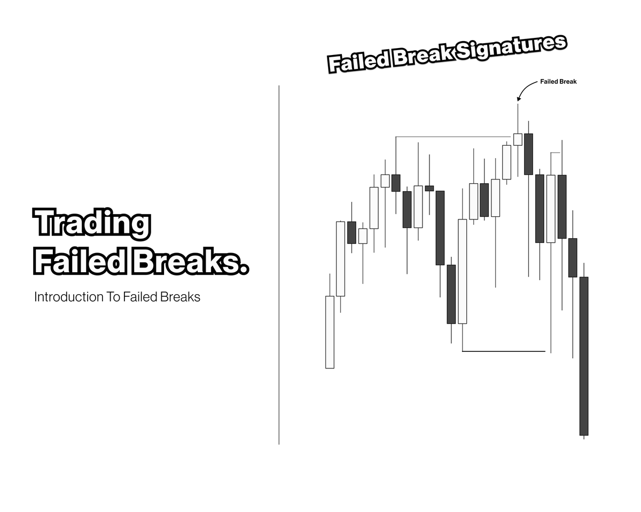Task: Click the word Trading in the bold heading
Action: pyautogui.click(x=91, y=223)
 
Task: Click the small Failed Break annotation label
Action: pyautogui.click(x=558, y=82)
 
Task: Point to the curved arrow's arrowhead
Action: pyautogui.click(x=518, y=99)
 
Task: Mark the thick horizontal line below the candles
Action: pyautogui.click(x=503, y=351)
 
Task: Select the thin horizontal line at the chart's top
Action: pyautogui.click(x=454, y=137)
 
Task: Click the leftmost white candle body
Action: pyautogui.click(x=330, y=332)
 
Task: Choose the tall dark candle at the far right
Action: pyautogui.click(x=584, y=356)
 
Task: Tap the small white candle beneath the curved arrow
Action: pyautogui.click(x=518, y=139)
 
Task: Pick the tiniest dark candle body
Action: pyautogui.click(x=429, y=188)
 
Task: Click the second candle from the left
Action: pyautogui.click(x=340, y=258)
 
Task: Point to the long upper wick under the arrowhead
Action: pyautogui.click(x=518, y=119)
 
